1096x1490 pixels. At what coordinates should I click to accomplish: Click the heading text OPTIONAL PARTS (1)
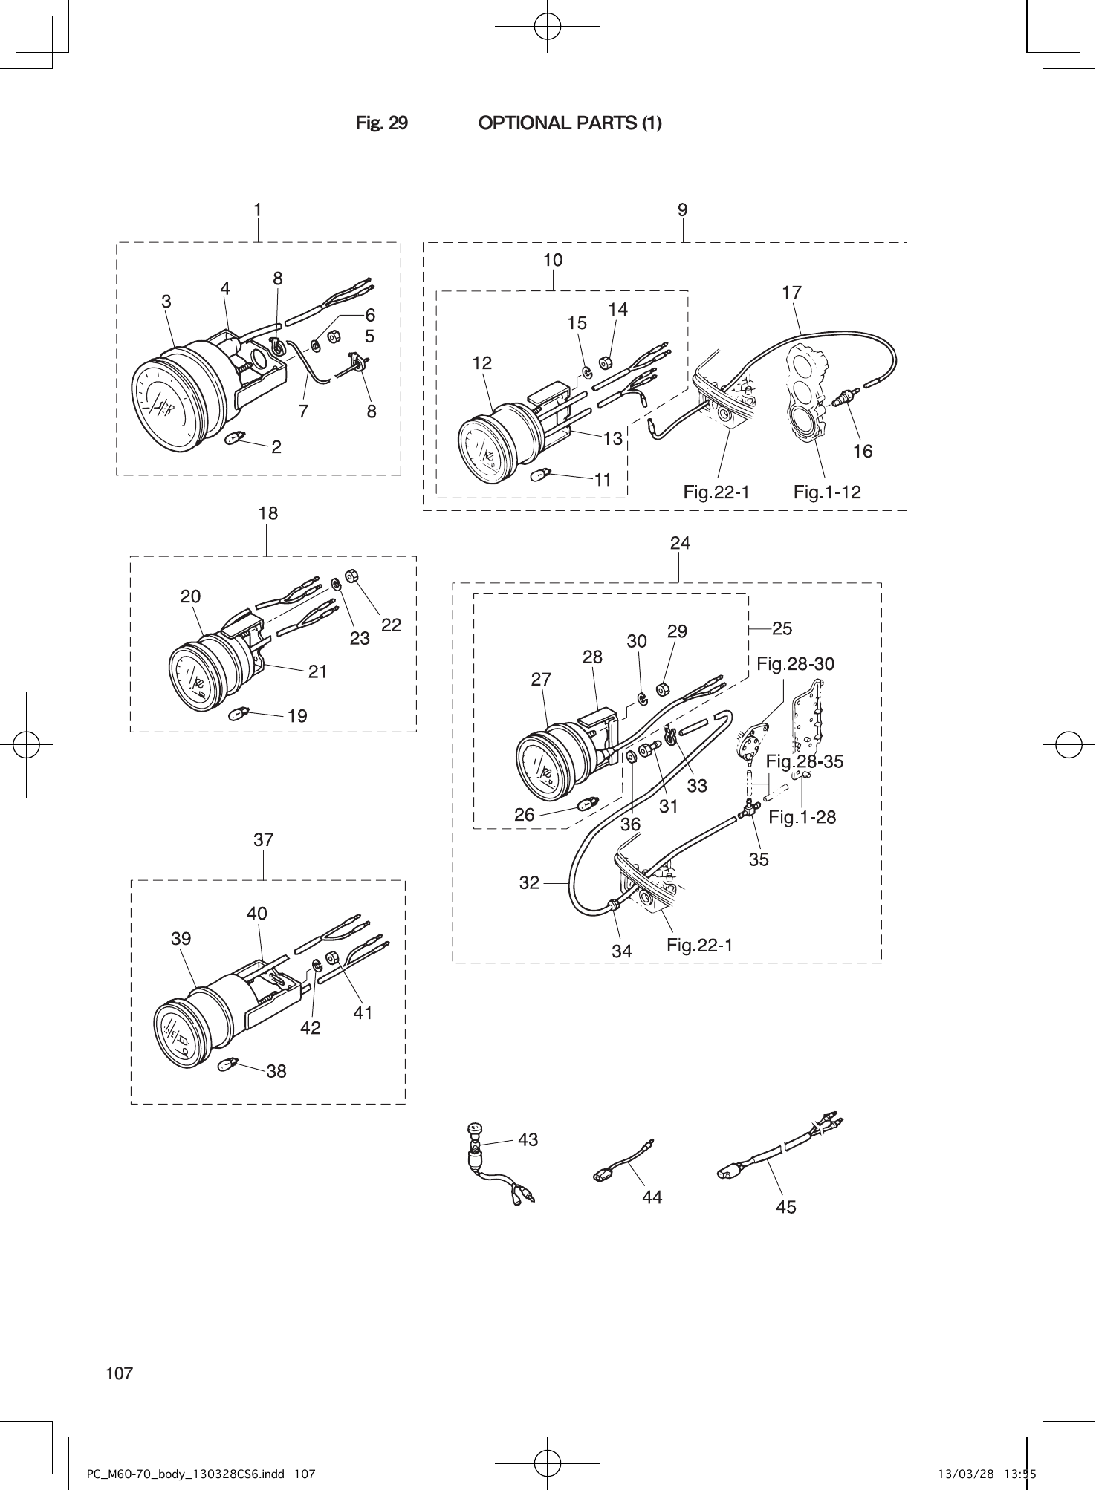coord(570,123)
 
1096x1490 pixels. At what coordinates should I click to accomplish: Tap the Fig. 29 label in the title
coord(381,123)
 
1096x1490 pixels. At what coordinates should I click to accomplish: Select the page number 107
coord(119,1373)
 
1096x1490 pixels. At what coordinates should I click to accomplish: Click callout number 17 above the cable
coord(792,293)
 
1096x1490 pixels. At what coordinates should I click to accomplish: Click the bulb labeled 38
coord(226,1066)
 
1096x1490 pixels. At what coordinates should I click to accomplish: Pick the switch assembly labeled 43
coord(474,1155)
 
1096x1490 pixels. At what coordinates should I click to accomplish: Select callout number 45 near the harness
coord(785,1207)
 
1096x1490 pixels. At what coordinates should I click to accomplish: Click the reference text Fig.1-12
coord(826,492)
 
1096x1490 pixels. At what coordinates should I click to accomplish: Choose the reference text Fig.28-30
coord(795,664)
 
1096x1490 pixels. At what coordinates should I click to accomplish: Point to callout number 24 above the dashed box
coord(680,543)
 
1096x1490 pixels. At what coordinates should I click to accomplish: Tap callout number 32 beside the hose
coord(529,883)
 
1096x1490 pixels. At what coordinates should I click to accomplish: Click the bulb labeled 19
coord(236,714)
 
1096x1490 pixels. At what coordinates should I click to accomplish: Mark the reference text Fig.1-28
coord(802,817)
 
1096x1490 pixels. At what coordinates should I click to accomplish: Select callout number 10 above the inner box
coord(553,260)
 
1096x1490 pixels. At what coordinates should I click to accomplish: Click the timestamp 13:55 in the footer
coord(1021,1474)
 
